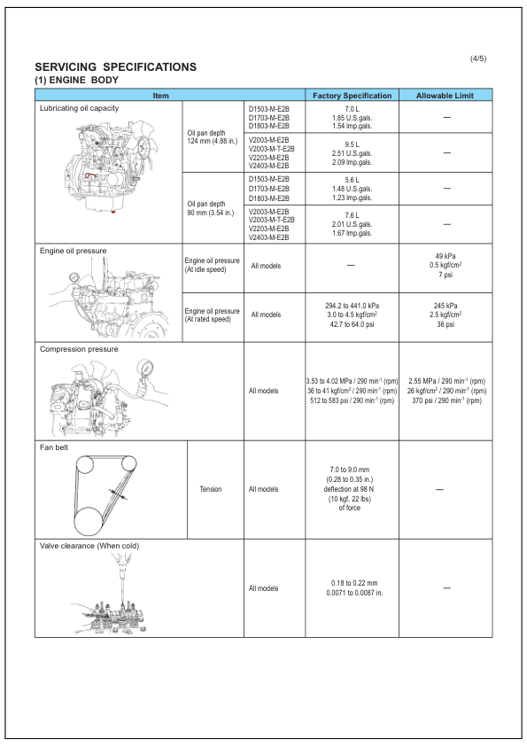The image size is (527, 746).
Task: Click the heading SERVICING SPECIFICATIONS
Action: [x=114, y=67]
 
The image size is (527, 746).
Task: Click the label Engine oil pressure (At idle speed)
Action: [x=212, y=265]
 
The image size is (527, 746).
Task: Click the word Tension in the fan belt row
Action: [x=211, y=488]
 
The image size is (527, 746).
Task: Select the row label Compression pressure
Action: [x=79, y=349]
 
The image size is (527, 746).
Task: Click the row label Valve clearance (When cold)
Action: [x=92, y=545]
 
